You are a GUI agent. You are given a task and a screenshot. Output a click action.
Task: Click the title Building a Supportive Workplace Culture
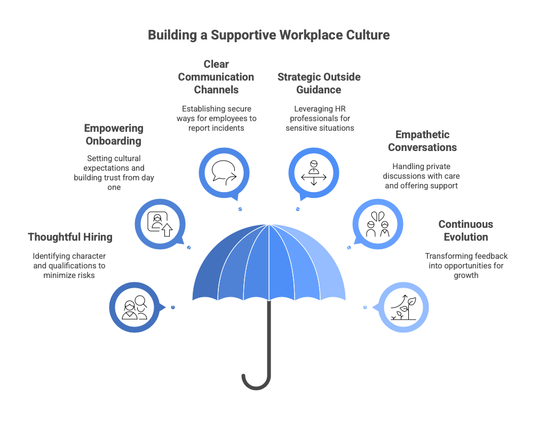(268, 35)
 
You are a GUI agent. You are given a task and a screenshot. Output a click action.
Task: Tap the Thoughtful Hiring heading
(70, 237)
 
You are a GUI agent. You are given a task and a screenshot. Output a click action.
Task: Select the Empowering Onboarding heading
(114, 134)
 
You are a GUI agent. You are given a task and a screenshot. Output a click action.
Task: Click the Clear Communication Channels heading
(216, 77)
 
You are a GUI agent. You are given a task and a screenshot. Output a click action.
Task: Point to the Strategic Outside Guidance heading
(319, 83)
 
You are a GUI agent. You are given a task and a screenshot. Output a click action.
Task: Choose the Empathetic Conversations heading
(422, 141)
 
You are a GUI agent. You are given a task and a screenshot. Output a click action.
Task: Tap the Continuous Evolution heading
(466, 231)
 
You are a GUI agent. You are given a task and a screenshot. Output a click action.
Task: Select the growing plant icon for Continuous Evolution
(403, 307)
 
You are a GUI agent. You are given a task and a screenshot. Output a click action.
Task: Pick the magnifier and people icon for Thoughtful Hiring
(134, 307)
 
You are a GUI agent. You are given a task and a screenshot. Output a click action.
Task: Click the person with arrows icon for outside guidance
(314, 172)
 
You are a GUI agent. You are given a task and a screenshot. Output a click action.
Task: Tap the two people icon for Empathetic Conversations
(378, 224)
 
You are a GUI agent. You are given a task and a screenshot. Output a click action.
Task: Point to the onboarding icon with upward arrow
(160, 224)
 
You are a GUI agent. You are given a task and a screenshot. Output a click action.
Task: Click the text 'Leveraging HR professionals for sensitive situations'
(320, 118)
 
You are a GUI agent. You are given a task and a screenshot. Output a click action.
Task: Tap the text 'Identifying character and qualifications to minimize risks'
(69, 266)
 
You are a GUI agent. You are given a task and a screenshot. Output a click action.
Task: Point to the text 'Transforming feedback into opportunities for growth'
(466, 266)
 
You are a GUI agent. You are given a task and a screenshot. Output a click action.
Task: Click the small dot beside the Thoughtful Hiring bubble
(173, 307)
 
